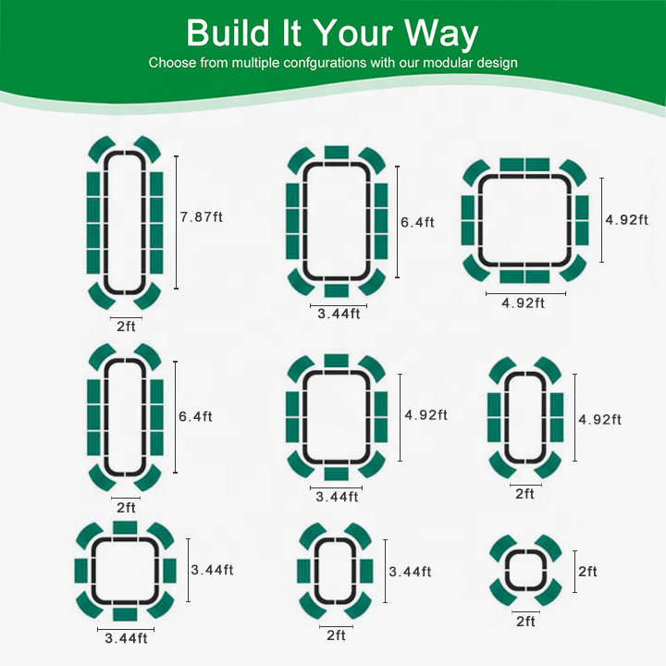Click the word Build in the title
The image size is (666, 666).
[x=228, y=32]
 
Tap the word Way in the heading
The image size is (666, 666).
[x=441, y=35]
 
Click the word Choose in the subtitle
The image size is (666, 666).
[x=172, y=63]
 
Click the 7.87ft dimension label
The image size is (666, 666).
[x=202, y=217]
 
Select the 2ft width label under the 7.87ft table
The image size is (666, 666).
[x=126, y=327]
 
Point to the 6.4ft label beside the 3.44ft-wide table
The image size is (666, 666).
[x=417, y=223]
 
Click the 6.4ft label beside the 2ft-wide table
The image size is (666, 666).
[x=195, y=416]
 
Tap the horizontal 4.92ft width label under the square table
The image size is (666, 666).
[x=523, y=303]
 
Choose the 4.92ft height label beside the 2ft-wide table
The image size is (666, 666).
[x=599, y=420]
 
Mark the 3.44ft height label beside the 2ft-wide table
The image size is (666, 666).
[x=410, y=572]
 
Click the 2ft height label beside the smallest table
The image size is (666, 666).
[x=587, y=572]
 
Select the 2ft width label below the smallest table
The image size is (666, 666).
[x=525, y=622]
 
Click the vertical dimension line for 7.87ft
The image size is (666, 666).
[x=177, y=222]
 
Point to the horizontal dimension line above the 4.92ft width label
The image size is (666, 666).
[x=525, y=293]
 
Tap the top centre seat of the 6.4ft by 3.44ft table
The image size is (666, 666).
[x=337, y=153]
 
